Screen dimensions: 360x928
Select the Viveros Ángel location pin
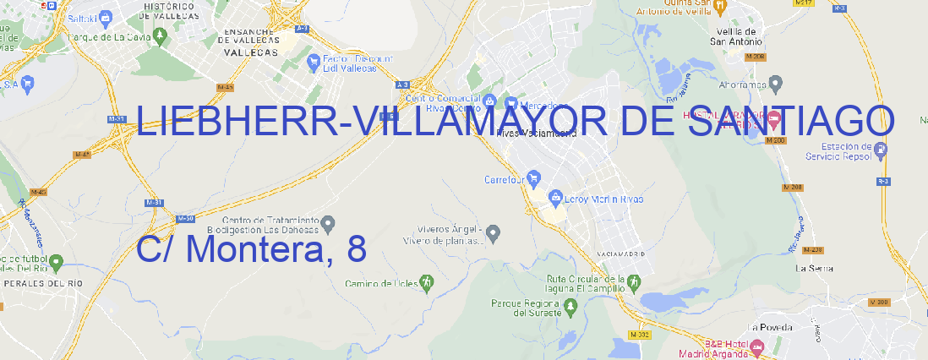click(x=494, y=232)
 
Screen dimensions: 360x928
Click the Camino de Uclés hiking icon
click(x=427, y=282)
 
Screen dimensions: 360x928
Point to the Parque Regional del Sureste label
click(x=526, y=308)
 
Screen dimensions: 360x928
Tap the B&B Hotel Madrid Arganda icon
click(x=757, y=346)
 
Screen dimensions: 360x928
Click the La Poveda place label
click(x=771, y=328)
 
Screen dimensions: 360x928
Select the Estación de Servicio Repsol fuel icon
click(x=882, y=150)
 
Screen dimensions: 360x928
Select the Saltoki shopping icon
click(x=106, y=16)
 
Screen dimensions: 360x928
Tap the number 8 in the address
click(x=356, y=249)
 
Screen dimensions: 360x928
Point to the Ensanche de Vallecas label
click(x=250, y=39)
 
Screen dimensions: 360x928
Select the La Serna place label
click(x=815, y=268)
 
